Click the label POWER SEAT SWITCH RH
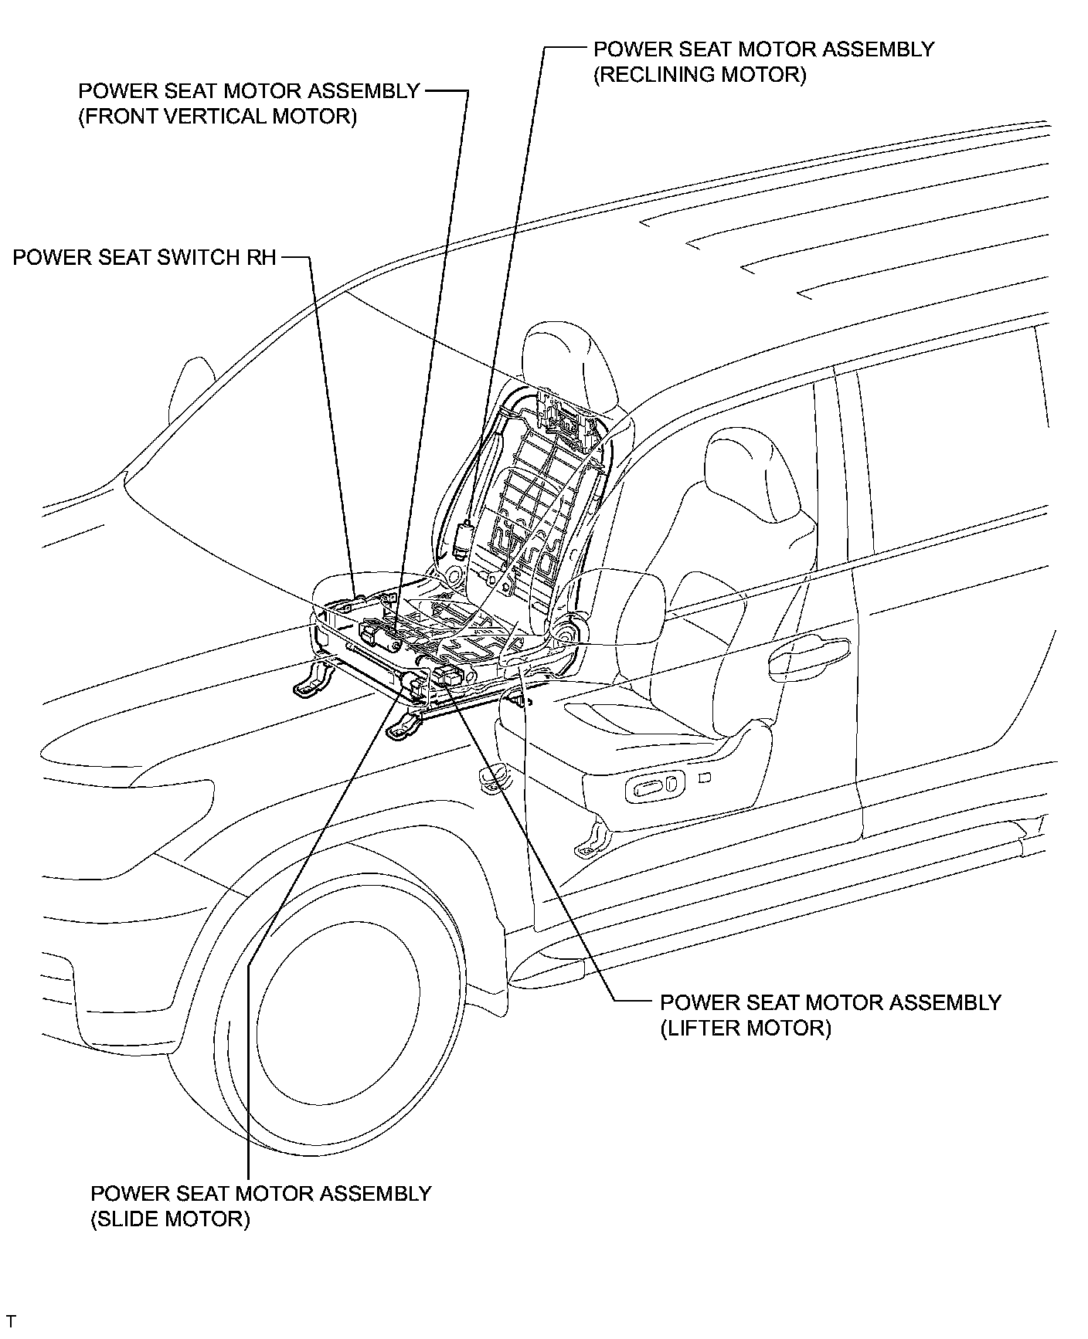pos(144,257)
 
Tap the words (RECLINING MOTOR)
pos(699,75)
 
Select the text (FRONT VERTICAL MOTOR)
pos(217,117)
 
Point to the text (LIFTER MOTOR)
pos(745,1028)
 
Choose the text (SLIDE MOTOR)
pos(170,1219)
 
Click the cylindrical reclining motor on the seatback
pos(463,539)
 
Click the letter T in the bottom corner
pos(11,1322)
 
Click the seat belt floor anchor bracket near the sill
pos(589,842)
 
